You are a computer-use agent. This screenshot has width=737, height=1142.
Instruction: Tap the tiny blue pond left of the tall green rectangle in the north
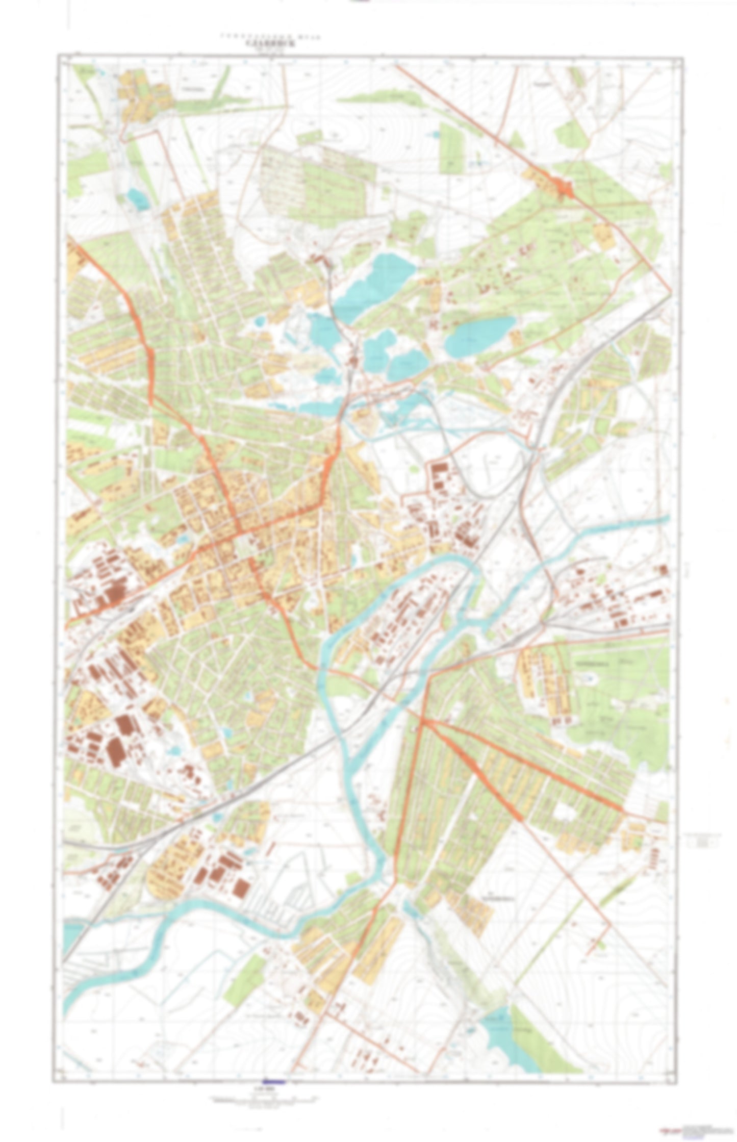(x=434, y=135)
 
